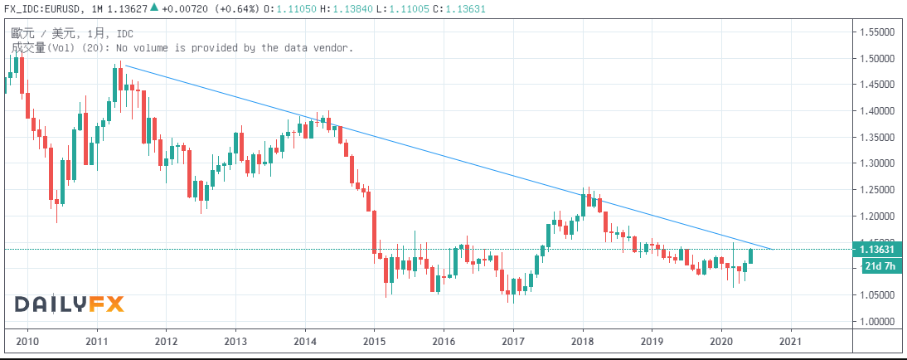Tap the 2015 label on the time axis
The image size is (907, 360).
[x=375, y=341]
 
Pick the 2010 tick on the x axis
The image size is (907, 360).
[x=28, y=341]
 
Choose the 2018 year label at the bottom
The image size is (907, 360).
[x=583, y=341]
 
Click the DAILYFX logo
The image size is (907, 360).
[x=69, y=304]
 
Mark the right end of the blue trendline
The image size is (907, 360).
[x=773, y=248]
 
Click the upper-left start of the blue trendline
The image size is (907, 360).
[x=125, y=66]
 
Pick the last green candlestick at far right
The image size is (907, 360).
[x=751, y=256]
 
